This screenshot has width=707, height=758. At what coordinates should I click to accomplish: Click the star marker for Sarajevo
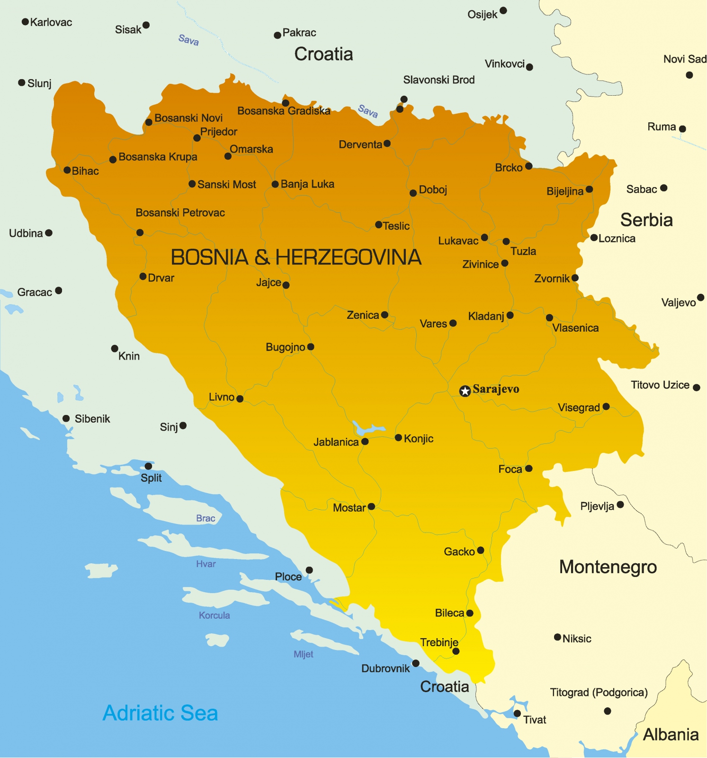[x=465, y=391]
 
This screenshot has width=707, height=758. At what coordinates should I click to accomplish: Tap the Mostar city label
[x=349, y=508]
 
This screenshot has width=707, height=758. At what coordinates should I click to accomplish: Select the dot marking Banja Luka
[x=275, y=184]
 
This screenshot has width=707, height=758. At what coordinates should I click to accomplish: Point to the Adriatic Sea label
[x=160, y=713]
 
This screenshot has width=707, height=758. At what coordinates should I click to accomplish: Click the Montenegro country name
[x=608, y=567]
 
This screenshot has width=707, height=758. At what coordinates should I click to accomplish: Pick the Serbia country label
[x=646, y=220]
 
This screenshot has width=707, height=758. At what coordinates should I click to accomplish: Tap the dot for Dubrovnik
[x=416, y=663]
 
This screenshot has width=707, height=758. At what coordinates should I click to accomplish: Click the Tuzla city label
[x=523, y=251]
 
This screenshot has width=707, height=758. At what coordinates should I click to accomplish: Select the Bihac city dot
[x=67, y=170]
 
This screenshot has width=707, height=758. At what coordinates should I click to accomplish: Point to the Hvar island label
[x=206, y=564]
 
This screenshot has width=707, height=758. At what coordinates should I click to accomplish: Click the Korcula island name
[x=214, y=615]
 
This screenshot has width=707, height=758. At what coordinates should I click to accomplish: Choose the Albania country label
[x=671, y=734]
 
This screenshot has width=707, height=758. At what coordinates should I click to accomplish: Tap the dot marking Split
[x=148, y=466]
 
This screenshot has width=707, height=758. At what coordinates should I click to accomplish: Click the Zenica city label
[x=363, y=315]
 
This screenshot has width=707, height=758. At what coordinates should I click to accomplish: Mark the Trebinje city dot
[x=456, y=651]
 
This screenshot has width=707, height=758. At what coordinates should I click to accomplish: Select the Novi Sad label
[x=684, y=59]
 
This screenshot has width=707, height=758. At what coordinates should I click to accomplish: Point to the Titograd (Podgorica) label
[x=599, y=692]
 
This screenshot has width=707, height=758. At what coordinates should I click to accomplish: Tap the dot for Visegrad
[x=606, y=406]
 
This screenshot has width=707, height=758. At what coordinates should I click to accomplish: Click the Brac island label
[x=206, y=518]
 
